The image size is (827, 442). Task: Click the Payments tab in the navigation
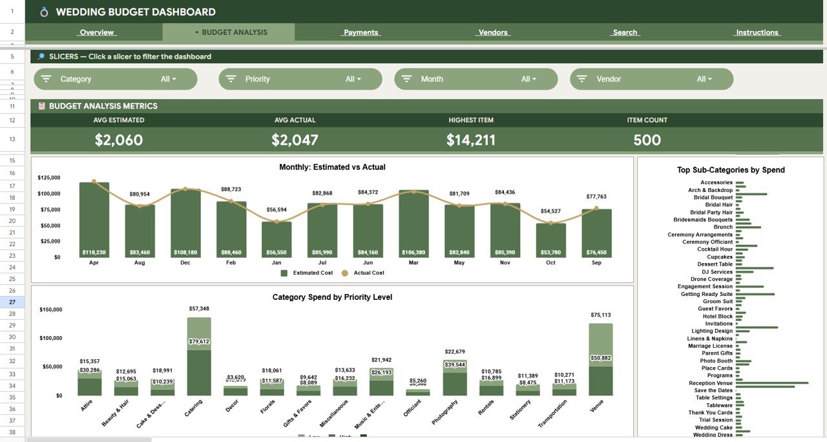point(361,32)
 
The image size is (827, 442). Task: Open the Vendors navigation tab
point(493,32)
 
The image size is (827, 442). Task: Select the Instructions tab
point(757,32)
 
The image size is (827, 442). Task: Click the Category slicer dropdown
point(116,79)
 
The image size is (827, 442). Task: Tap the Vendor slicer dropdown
point(651,79)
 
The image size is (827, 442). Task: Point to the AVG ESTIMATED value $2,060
point(119,140)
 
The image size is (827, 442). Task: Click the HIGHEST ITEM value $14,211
point(471,140)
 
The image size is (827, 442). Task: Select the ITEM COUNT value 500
point(647,140)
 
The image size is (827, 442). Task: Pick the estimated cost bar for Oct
point(550,240)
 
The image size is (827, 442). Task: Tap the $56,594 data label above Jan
point(277,210)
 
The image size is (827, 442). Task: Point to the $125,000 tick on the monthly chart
point(49,178)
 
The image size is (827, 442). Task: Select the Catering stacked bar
point(199,356)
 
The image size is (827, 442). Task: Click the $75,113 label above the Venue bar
point(600,315)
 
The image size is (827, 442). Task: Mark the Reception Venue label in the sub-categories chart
point(710,383)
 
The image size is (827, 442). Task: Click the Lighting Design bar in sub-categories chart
point(757,328)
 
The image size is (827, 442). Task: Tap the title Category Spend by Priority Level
point(332,297)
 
